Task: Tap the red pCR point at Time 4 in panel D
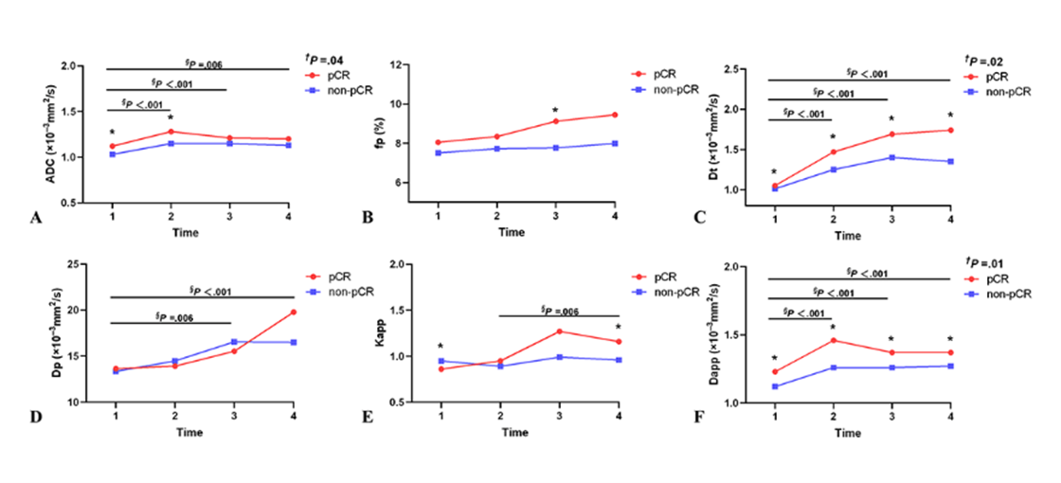[x=294, y=312]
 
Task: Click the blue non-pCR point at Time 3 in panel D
[x=234, y=341]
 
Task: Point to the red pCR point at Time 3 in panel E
[x=560, y=331]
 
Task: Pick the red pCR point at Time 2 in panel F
[x=833, y=340]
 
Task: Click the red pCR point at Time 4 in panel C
[x=950, y=130]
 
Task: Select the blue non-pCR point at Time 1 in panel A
[x=112, y=154]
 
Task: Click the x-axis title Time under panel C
[x=848, y=236]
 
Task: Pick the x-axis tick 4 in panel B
[x=615, y=218]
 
